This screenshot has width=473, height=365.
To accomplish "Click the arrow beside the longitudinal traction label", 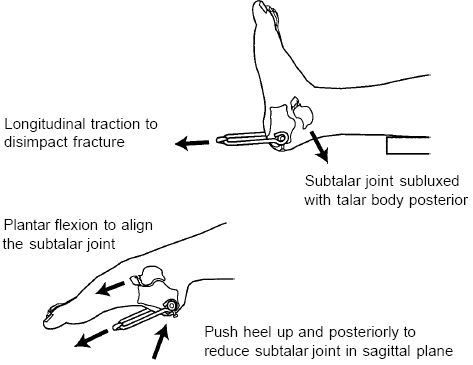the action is click(192, 143).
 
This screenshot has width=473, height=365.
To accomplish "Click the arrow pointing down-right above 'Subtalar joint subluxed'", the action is click(319, 147).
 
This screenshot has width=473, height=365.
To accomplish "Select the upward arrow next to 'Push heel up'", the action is click(161, 340).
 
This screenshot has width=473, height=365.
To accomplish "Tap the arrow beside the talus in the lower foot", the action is click(110, 288).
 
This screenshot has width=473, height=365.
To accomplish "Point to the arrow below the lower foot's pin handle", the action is click(91, 338).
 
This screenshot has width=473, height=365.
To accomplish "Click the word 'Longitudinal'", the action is click(45, 124).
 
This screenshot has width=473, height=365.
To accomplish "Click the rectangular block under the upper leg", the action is click(407, 146).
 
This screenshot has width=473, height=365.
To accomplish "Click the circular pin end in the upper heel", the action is click(282, 137).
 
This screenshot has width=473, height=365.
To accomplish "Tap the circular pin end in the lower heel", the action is click(172, 305).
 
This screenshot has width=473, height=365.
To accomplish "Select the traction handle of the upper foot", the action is click(242, 138).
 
